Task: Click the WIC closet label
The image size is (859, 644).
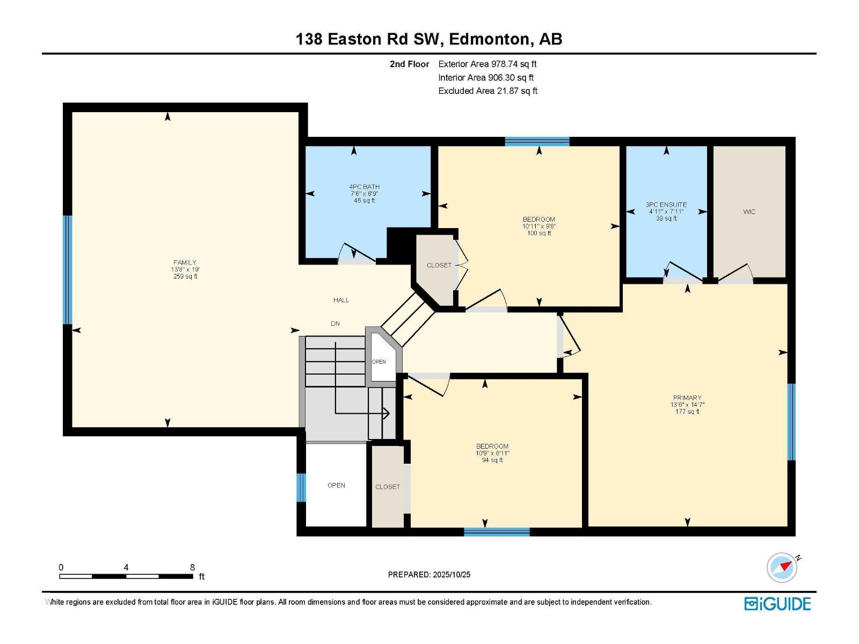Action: click(x=749, y=212)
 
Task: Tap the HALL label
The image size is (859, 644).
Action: click(x=341, y=301)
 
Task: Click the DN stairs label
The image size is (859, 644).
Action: click(x=335, y=324)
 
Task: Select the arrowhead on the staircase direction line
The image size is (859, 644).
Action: click(x=386, y=413)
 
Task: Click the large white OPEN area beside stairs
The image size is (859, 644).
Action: click(x=336, y=485)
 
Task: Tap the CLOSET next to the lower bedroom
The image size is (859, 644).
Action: click(x=388, y=487)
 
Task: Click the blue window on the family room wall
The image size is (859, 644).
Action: click(x=68, y=270)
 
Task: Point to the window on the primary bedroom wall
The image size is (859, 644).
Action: click(x=791, y=422)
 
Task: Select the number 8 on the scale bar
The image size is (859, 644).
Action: click(x=192, y=567)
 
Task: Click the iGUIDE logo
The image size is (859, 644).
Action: click(x=777, y=604)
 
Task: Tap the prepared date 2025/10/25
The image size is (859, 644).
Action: click(x=452, y=574)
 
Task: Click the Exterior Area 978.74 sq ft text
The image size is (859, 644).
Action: click(x=487, y=64)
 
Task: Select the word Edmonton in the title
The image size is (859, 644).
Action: click(x=489, y=39)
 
